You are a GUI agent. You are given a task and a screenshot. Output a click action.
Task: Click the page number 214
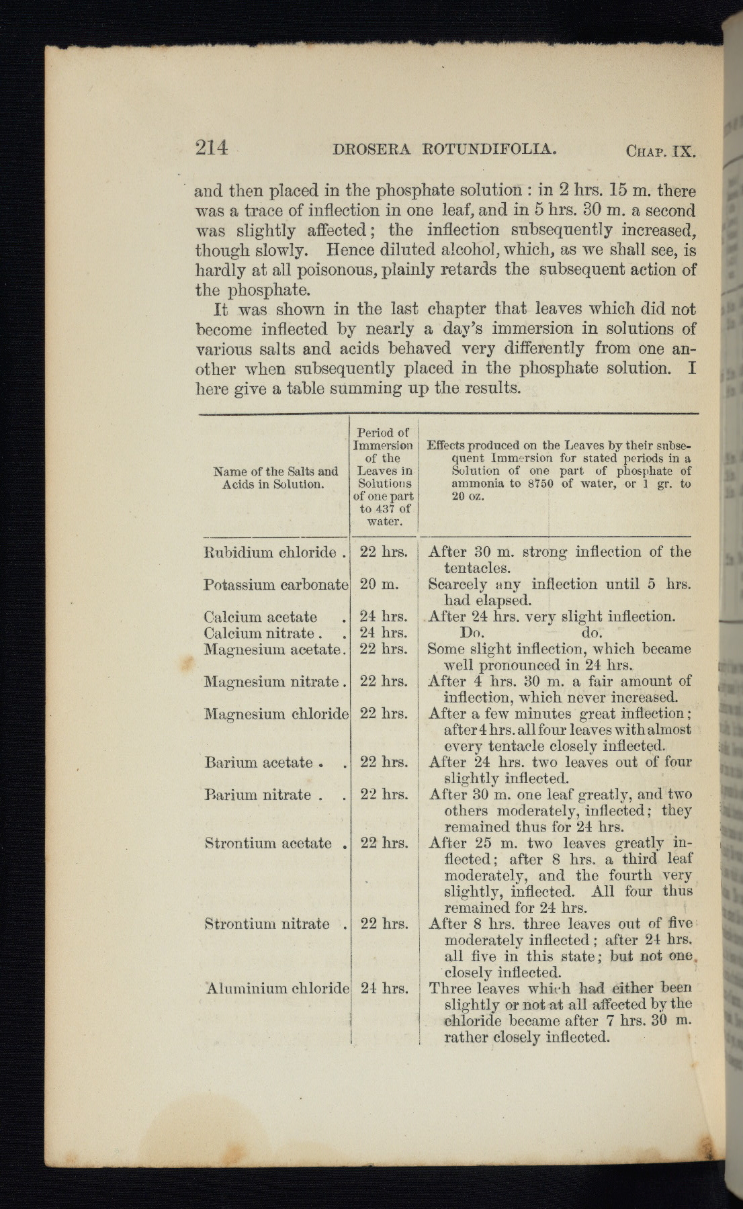[x=212, y=147]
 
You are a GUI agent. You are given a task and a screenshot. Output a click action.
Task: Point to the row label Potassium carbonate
[x=275, y=585]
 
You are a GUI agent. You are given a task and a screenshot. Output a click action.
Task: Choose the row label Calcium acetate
[x=261, y=617]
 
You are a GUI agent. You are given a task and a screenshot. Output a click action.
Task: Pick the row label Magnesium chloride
[x=275, y=714]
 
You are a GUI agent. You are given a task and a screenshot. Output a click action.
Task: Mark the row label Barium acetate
[x=259, y=762]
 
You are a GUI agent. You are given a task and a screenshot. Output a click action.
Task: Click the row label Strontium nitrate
[x=267, y=924]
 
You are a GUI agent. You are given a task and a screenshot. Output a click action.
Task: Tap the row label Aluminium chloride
[x=277, y=989]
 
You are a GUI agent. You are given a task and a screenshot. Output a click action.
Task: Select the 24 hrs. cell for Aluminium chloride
[x=384, y=989]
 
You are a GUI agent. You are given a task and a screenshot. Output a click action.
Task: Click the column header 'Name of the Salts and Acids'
[x=275, y=478]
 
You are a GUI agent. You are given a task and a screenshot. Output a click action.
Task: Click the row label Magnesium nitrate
[x=271, y=682]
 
